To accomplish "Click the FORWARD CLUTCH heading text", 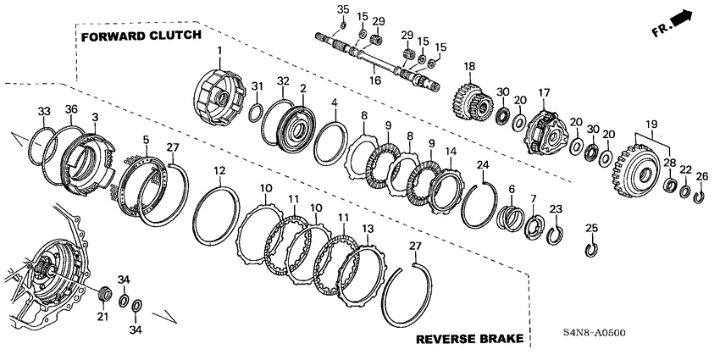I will coord(141,36).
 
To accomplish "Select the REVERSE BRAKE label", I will coord(468,340).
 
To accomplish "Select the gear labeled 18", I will coord(468,104).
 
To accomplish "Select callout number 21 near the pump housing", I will coord(103,317).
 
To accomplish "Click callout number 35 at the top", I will coord(342,8).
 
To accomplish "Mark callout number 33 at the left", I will coord(45,111).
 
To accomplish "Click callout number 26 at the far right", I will coord(701,176).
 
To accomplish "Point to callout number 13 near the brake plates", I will coord(366,229).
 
